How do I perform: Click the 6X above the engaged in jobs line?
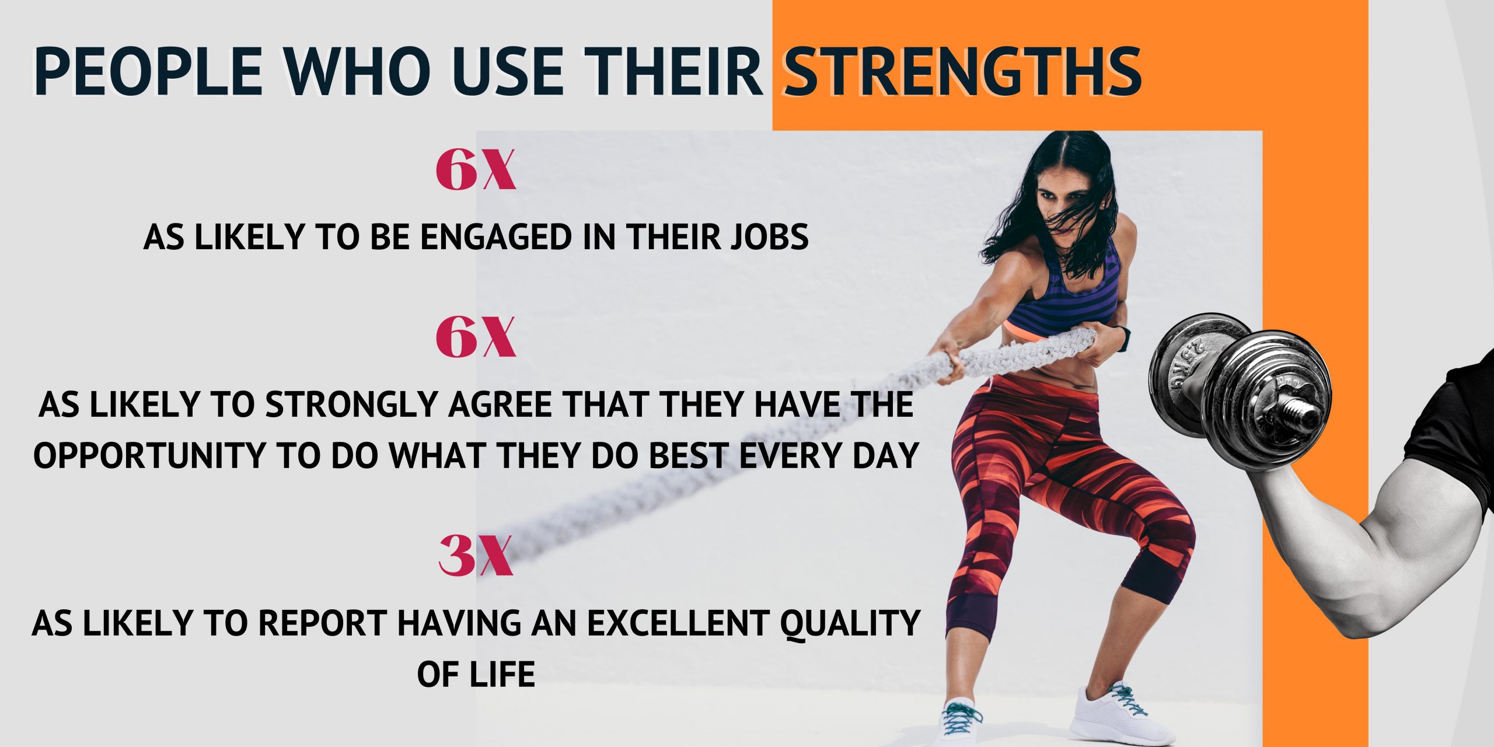tap(476, 170)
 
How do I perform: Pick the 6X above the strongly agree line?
tap(476, 338)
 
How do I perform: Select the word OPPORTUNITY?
tap(149, 456)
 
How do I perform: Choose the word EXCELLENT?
tap(677, 623)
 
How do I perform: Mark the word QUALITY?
tap(850, 623)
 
